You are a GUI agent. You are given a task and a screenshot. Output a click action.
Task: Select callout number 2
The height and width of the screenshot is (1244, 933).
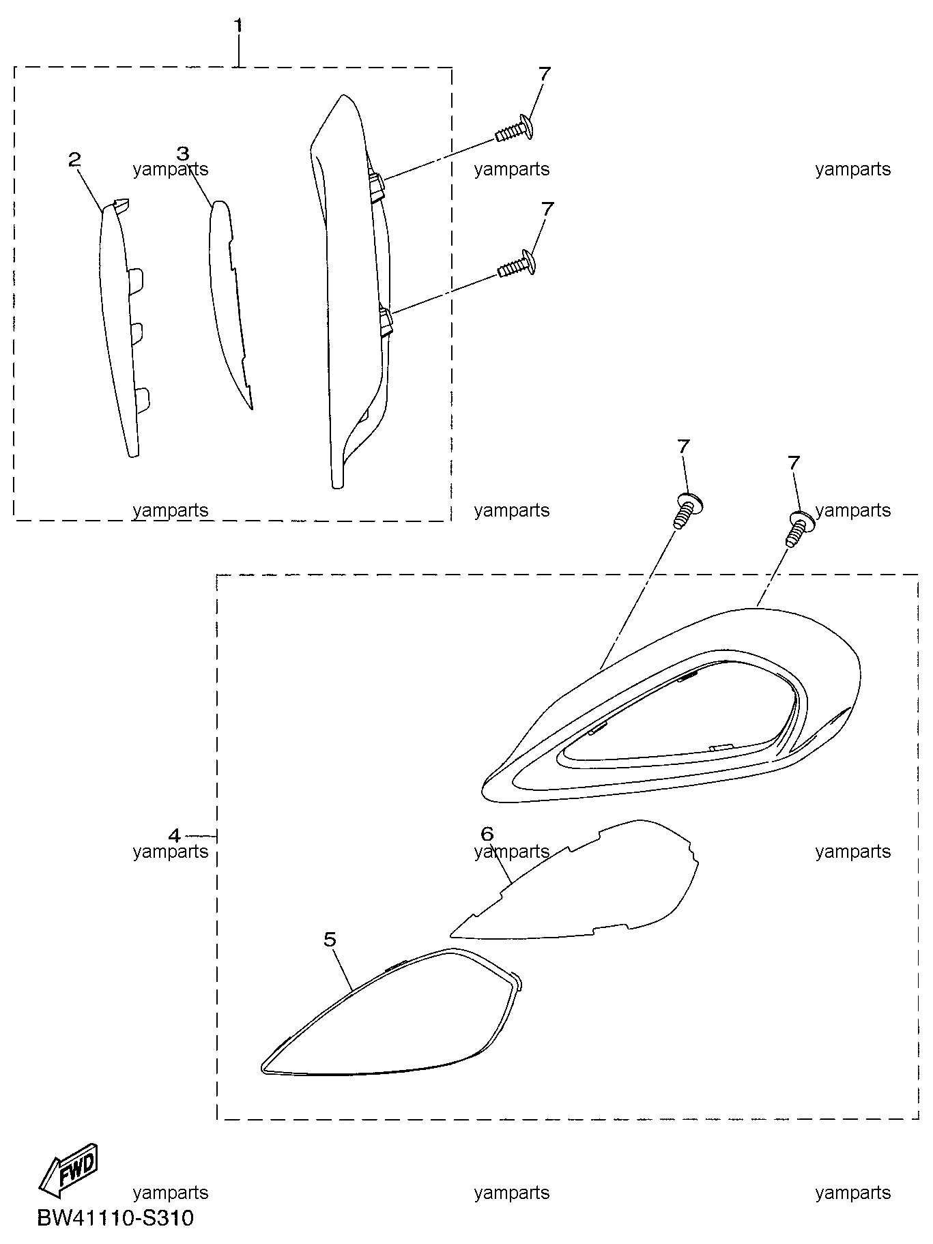point(75,160)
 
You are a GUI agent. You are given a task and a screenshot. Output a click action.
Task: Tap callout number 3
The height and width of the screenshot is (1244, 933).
point(182,154)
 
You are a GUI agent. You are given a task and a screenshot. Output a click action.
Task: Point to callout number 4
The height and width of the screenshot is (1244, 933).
point(175,835)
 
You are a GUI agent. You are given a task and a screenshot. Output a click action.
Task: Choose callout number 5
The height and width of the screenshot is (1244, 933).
point(330,940)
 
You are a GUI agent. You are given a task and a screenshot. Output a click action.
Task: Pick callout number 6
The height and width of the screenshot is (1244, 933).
point(487,833)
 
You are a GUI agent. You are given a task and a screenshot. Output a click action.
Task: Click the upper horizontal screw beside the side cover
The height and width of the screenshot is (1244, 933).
point(513,129)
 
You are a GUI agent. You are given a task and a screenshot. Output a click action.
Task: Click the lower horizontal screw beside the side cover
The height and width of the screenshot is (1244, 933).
point(516,264)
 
